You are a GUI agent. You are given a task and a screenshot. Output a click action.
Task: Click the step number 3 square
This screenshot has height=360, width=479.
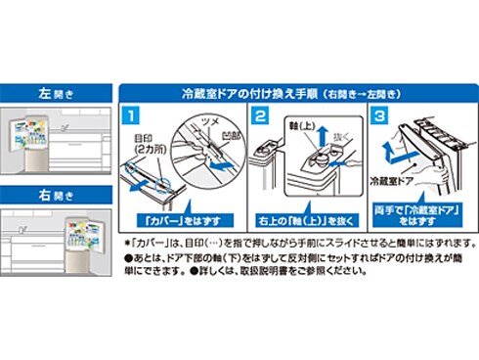click(379, 117)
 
